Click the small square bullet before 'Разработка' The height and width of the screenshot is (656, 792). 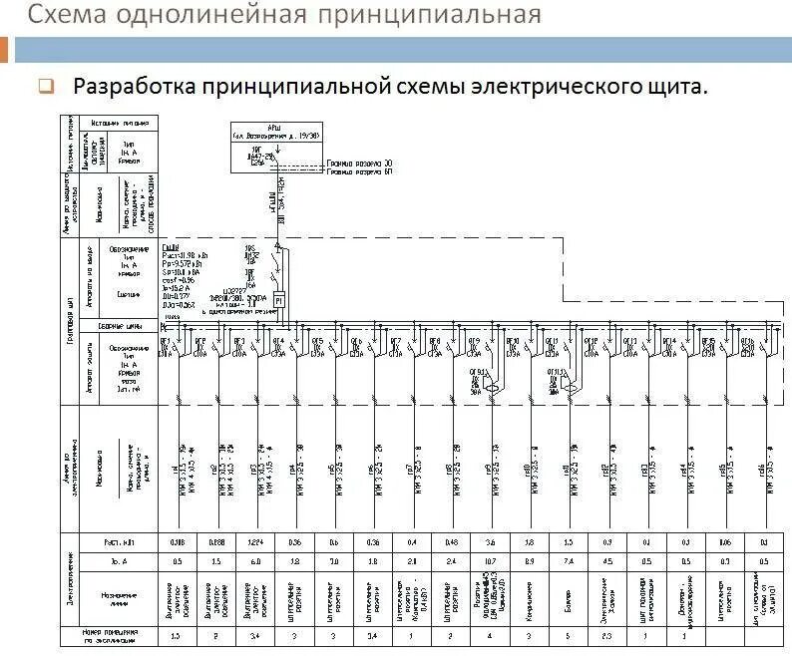[x=46, y=87]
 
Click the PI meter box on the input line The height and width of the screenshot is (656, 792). [x=280, y=299]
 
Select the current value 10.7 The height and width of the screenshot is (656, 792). [x=490, y=561]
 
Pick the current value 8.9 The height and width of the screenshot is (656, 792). [x=530, y=561]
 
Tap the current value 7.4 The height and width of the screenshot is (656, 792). [x=569, y=561]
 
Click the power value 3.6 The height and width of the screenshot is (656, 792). [x=490, y=543]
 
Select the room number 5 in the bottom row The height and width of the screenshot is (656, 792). [x=569, y=634]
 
